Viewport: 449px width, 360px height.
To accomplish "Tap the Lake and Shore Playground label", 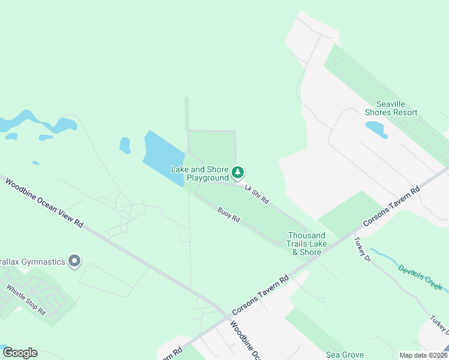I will [x=200, y=174].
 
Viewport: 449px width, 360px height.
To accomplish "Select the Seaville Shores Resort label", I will [x=391, y=108].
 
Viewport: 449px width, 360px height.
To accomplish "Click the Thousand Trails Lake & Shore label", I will [x=307, y=244].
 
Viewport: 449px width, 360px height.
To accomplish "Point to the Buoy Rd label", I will [x=229, y=215].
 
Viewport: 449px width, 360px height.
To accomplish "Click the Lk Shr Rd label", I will [x=256, y=194].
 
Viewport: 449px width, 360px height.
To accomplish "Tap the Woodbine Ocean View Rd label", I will [x=43, y=202].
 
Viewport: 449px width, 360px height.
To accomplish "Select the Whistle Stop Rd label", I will [x=26, y=301].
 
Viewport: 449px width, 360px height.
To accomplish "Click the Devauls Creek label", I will [x=420, y=277].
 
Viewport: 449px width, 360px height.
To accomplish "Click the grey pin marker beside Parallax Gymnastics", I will [x=74, y=261].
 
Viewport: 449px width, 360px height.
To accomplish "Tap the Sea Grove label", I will [x=344, y=355].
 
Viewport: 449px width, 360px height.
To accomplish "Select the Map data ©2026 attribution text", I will [x=423, y=355].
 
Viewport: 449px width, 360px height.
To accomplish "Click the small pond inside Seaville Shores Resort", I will [x=376, y=129].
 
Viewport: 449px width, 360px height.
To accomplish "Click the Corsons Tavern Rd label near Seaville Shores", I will [x=392, y=206].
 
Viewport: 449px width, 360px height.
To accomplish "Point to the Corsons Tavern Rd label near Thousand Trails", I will [x=259, y=294].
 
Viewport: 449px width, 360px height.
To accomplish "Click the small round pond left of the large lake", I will [x=125, y=145].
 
